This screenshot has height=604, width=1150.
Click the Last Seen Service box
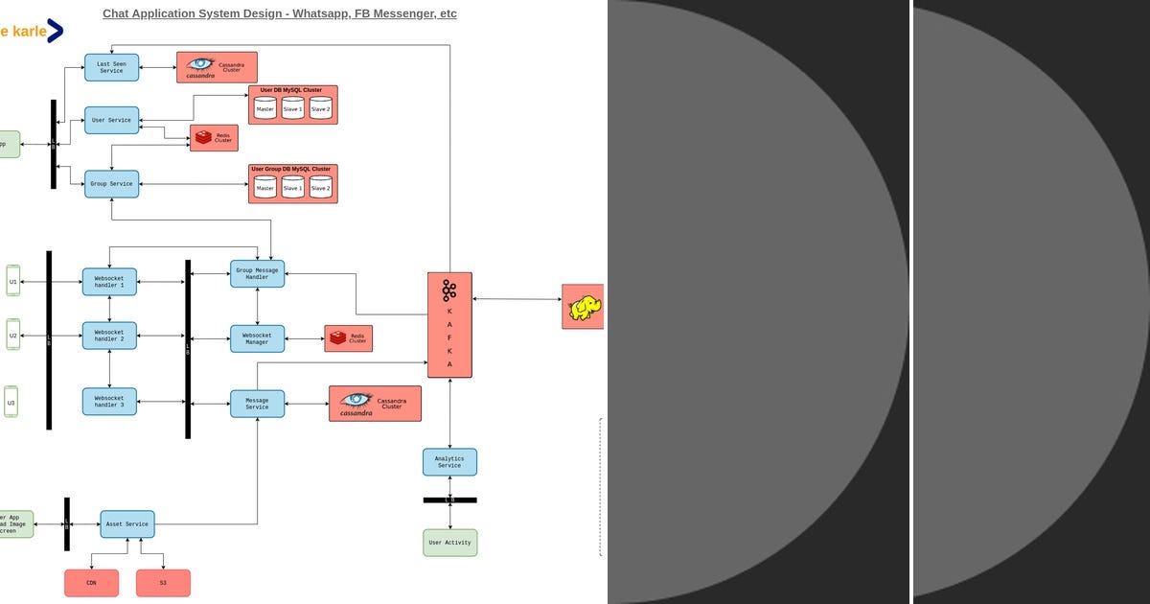click(x=111, y=67)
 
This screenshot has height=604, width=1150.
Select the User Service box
click(x=111, y=120)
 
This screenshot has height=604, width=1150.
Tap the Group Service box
click(x=111, y=184)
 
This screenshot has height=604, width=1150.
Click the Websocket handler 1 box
click(x=109, y=282)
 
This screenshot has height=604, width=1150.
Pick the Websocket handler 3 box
click(x=109, y=402)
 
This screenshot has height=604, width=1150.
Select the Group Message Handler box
click(x=257, y=274)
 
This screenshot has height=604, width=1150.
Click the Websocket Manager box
click(x=257, y=338)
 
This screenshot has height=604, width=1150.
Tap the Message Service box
click(x=257, y=404)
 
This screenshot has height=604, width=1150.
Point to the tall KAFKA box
click(x=449, y=325)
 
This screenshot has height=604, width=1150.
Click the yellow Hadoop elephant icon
click(x=584, y=308)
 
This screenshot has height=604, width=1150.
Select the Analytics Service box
click(x=449, y=462)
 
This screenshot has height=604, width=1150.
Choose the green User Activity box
click(x=449, y=543)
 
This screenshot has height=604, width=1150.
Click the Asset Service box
click(x=126, y=524)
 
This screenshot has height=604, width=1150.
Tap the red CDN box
click(x=91, y=583)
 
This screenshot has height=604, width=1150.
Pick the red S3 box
click(x=163, y=583)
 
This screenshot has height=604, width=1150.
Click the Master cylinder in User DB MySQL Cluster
click(x=265, y=108)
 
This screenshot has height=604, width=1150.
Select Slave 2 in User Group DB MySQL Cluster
click(x=321, y=187)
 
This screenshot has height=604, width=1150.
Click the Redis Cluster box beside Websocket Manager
click(x=348, y=338)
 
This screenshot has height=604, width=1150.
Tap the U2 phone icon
click(x=12, y=335)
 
